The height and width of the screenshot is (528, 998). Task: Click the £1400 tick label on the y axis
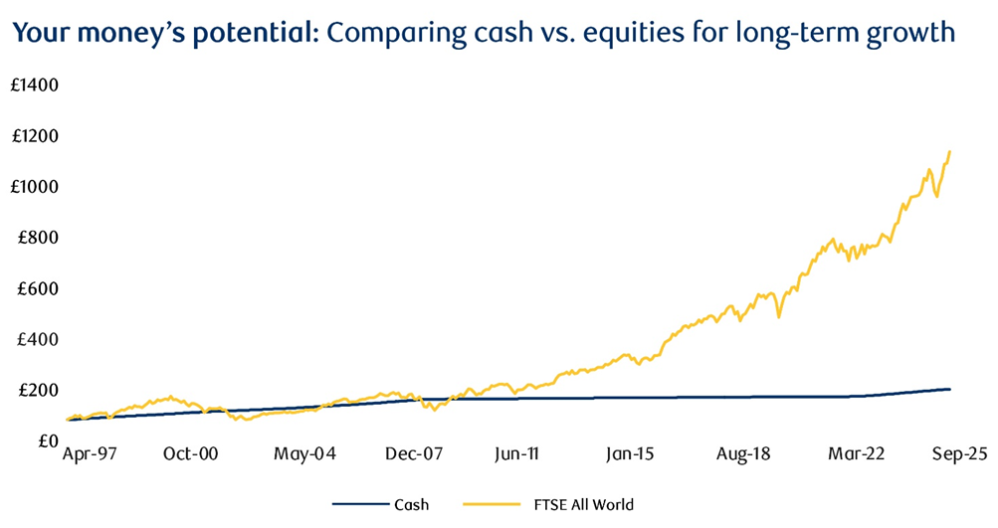tap(35, 86)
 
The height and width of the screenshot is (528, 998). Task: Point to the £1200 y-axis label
tap(35, 136)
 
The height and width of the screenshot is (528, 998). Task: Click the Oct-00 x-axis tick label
tap(190, 453)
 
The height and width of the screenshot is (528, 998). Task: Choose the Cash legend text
tap(411, 505)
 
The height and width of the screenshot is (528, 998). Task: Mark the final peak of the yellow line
tap(949, 152)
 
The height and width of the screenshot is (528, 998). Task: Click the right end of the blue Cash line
tap(949, 389)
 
